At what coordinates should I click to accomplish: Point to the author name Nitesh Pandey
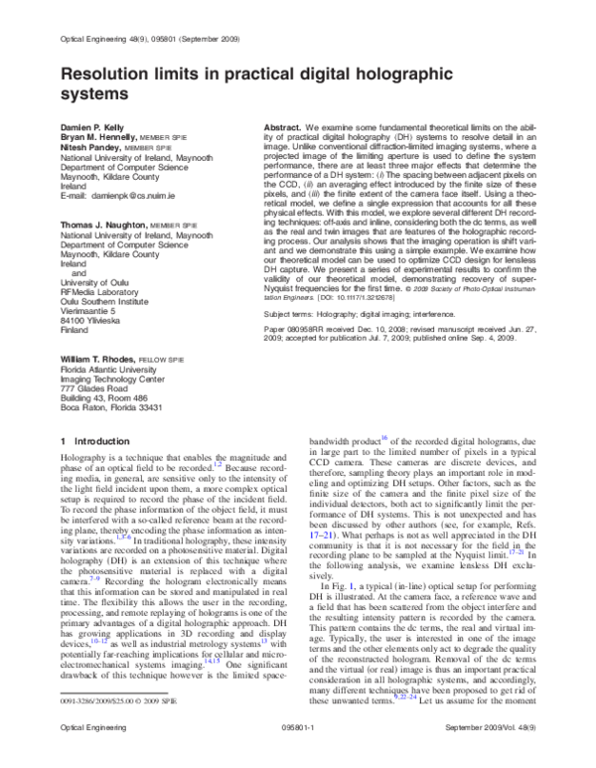point(90,149)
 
